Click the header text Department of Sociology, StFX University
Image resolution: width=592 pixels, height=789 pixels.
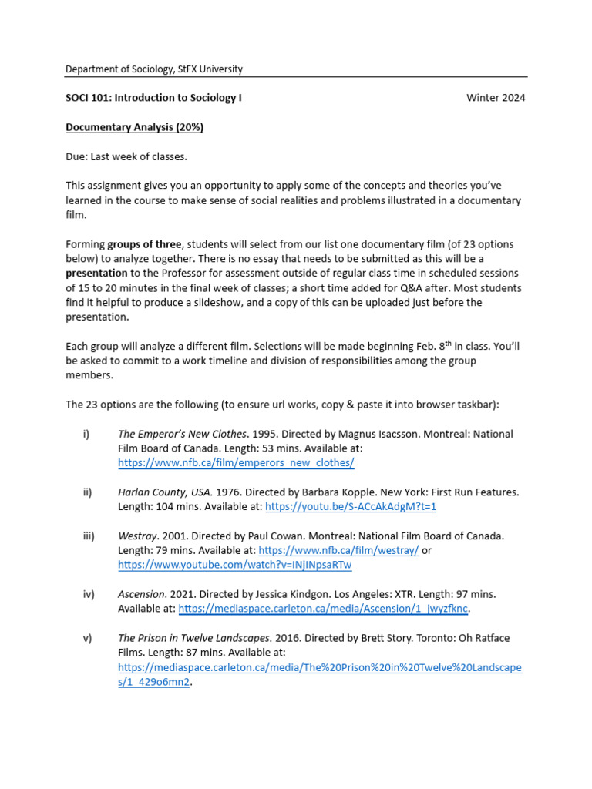(153, 69)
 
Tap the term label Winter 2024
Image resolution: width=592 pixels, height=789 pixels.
(496, 99)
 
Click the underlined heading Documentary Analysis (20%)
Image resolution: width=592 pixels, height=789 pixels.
(134, 127)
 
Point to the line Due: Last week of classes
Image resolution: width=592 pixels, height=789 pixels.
(126, 156)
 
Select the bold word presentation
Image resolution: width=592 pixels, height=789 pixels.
(96, 274)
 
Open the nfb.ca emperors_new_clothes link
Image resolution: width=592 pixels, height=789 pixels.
(236, 463)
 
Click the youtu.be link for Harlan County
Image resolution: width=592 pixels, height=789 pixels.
(350, 506)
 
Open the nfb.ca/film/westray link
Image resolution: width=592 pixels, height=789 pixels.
(338, 550)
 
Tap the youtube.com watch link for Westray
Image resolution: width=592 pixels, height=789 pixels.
(234, 565)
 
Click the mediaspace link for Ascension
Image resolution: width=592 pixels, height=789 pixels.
(323, 609)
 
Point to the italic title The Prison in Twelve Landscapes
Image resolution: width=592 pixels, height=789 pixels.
(193, 638)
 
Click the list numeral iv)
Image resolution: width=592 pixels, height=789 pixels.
(88, 594)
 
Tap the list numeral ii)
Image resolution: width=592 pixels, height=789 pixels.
(87, 492)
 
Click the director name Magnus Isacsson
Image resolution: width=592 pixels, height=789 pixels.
(355, 434)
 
